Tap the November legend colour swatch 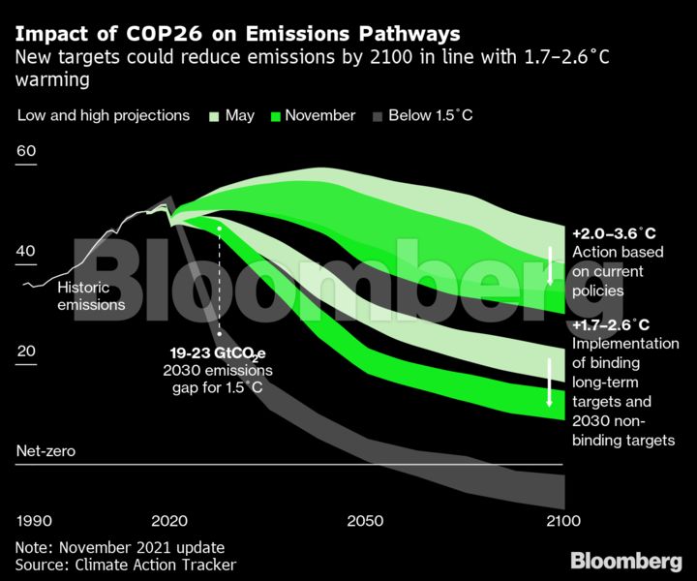pyautogui.click(x=276, y=116)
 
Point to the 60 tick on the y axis pyautogui.click(x=26, y=152)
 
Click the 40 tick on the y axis pyautogui.click(x=26, y=252)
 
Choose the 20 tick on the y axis pyautogui.click(x=26, y=351)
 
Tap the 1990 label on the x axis pyautogui.click(x=34, y=520)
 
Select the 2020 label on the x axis pyautogui.click(x=170, y=520)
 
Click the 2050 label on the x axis pyautogui.click(x=366, y=520)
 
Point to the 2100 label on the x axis pyautogui.click(x=562, y=520)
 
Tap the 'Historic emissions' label pyautogui.click(x=91, y=296)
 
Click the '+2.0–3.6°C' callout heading pyautogui.click(x=613, y=234)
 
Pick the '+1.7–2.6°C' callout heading pyautogui.click(x=611, y=324)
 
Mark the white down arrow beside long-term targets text pyautogui.click(x=549, y=382)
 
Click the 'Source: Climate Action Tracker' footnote pyautogui.click(x=126, y=565)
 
